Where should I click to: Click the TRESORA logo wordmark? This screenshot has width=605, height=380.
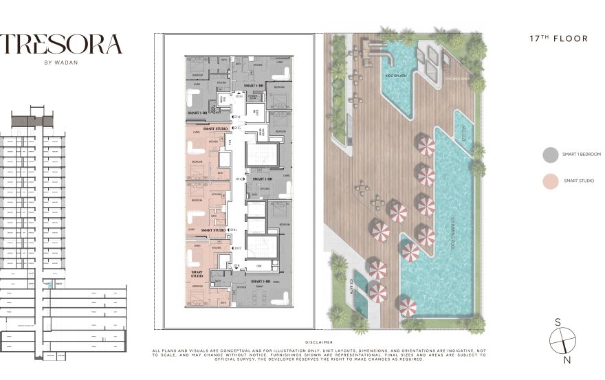(x=61, y=45)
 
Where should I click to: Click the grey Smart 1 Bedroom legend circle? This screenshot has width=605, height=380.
(x=549, y=155)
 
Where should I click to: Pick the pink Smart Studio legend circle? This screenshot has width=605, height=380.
(x=549, y=181)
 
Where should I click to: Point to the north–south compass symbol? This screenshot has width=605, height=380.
(x=562, y=340)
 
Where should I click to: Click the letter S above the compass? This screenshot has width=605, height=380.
(x=558, y=322)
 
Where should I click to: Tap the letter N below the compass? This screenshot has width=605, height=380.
(x=566, y=359)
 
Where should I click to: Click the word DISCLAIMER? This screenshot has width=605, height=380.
(x=318, y=342)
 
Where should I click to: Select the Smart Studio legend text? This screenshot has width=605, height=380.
(x=578, y=181)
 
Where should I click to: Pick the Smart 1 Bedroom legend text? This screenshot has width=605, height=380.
(x=582, y=155)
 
